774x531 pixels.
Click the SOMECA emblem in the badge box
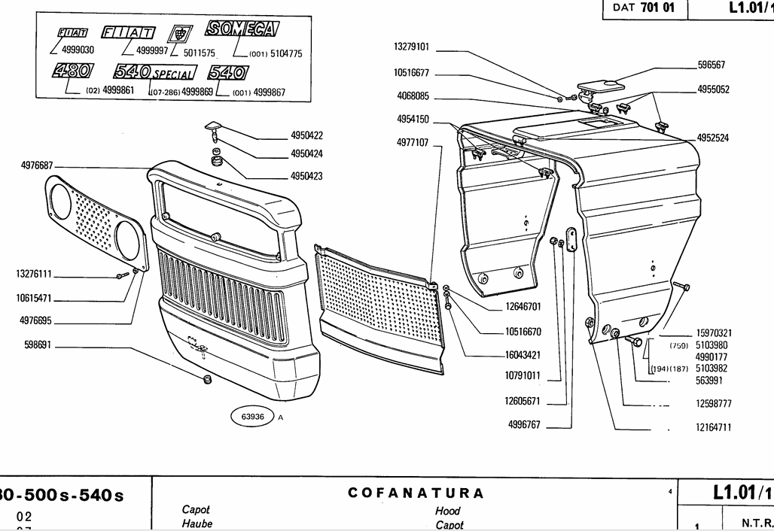[x=242, y=30]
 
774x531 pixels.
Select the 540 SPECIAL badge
[x=154, y=73]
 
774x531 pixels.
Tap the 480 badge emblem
[x=73, y=71]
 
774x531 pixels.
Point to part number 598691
[x=35, y=347]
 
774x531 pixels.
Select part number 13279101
[x=411, y=47]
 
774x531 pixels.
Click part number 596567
[x=710, y=65]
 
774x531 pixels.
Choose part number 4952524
[x=712, y=138]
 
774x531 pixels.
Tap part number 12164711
[x=714, y=427]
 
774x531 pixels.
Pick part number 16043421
[x=523, y=354]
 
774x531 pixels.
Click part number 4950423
[x=306, y=176]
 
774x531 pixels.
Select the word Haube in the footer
[x=197, y=523]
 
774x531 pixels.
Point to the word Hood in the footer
[x=447, y=511]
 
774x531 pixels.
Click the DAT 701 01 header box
[x=644, y=8]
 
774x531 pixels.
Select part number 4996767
[x=524, y=425]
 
